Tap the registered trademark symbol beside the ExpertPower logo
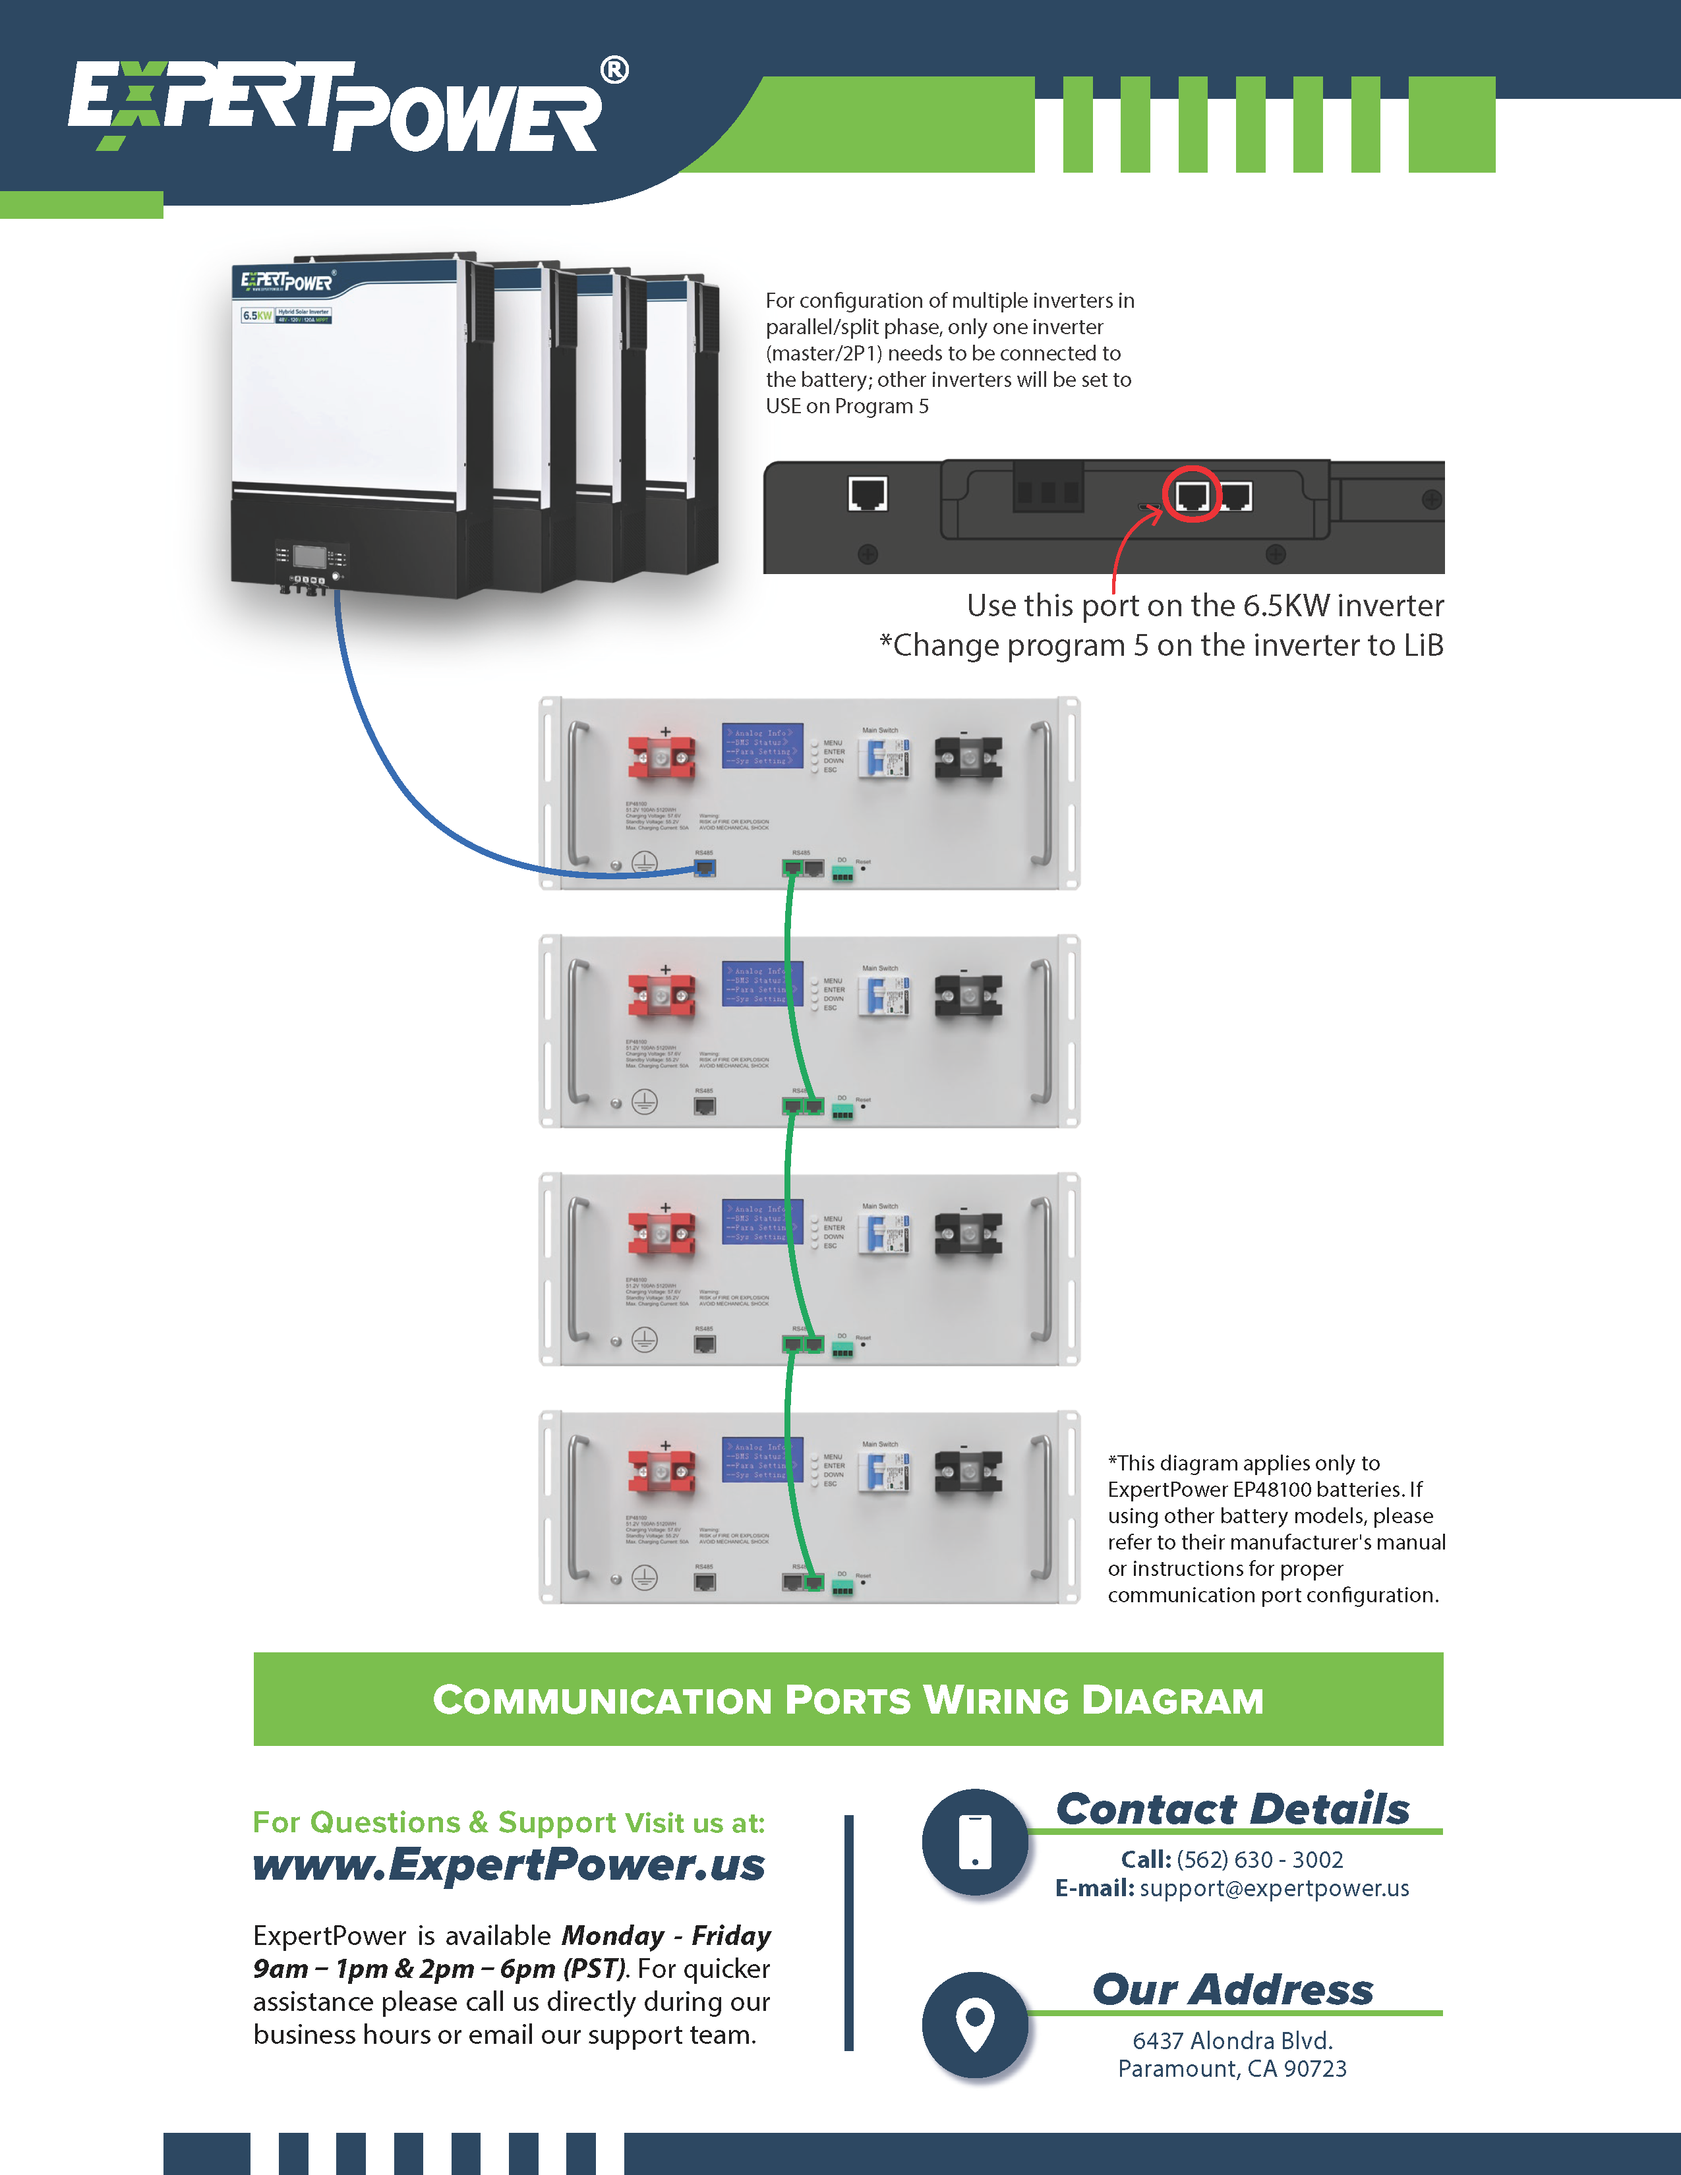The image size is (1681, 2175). pyautogui.click(x=614, y=71)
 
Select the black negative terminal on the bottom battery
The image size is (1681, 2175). pyautogui.click(x=968, y=1472)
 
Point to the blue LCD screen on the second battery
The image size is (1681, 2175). pyautogui.click(x=762, y=984)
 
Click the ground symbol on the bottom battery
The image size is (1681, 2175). pyautogui.click(x=644, y=1577)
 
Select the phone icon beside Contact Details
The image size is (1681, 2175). pyautogui.click(x=975, y=1841)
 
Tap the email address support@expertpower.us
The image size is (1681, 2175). pyautogui.click(x=1274, y=1888)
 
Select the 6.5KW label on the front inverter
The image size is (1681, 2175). pyautogui.click(x=257, y=316)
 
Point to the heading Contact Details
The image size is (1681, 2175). pyautogui.click(x=1232, y=1809)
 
